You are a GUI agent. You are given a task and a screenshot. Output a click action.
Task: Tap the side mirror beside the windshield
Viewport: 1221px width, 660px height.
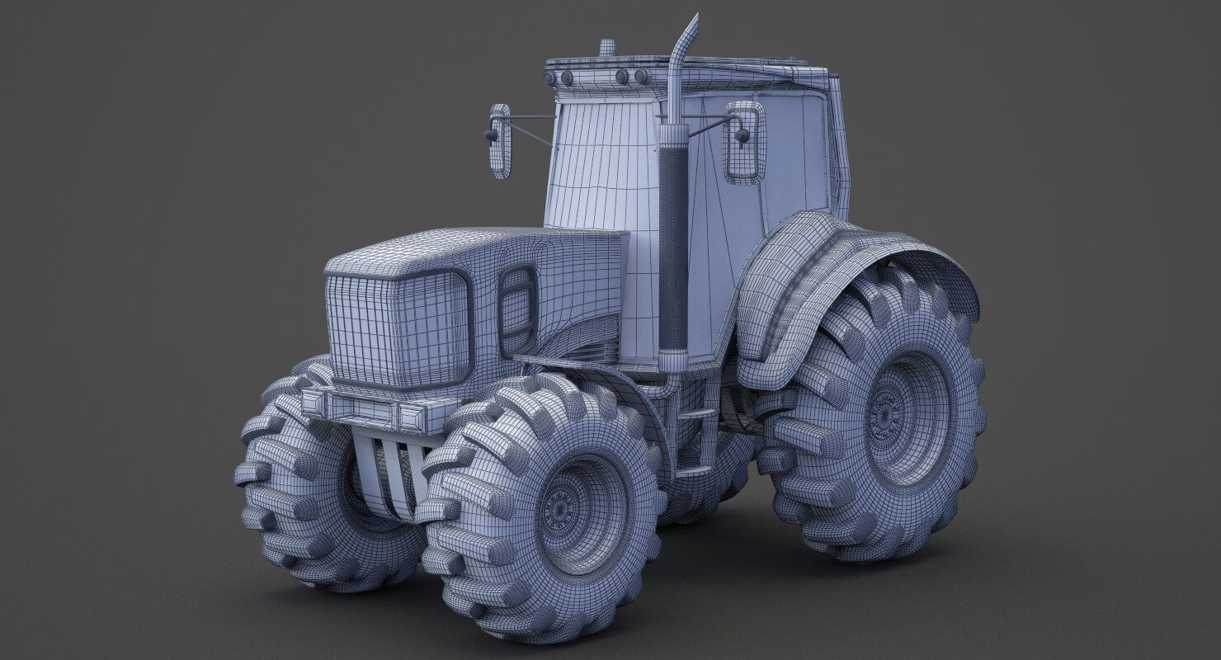click(500, 141)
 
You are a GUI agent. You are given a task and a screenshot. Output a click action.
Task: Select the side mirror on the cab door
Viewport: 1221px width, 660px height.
click(744, 142)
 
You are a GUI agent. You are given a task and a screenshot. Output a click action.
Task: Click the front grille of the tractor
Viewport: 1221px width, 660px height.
click(398, 328)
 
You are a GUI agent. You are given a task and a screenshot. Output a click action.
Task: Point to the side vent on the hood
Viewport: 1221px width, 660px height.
click(517, 310)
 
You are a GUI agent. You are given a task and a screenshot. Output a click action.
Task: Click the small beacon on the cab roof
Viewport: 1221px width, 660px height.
click(607, 48)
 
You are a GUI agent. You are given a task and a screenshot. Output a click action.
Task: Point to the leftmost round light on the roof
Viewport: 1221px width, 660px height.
click(549, 78)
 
